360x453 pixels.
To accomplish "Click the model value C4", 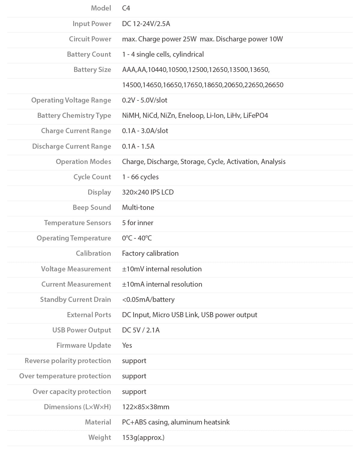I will coord(126,8).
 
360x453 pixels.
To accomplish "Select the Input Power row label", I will coord(92,24).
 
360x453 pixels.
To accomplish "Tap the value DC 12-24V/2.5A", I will coord(146,24).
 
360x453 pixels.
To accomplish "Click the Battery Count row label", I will coord(89,54).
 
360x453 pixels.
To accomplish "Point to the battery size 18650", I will coord(213,85).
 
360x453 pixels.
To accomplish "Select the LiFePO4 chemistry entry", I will coord(256,115).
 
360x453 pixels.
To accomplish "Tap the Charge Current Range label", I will coord(76,131).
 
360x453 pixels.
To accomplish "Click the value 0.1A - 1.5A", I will coord(138,146).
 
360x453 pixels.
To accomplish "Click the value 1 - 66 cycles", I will coord(140,177).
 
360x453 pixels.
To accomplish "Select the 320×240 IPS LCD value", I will coord(148,192).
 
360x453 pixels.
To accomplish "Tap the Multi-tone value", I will coord(138,207).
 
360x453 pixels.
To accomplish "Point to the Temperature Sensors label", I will coord(77,223).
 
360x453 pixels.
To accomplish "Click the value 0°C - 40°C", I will coord(137,238).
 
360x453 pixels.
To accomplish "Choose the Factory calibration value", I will coord(150,253).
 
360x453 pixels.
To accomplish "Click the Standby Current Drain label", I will coord(76,300).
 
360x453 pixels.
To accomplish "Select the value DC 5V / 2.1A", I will coord(141,330).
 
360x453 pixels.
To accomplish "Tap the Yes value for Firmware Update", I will coord(127,345).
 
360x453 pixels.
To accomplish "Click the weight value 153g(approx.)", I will coord(143,437).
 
